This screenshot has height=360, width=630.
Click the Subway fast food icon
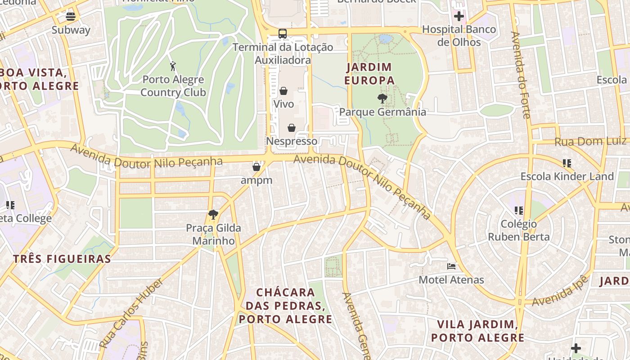(71, 17)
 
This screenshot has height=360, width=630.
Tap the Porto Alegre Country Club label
(173, 86)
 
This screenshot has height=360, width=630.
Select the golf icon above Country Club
(173, 67)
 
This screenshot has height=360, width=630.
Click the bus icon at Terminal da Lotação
(283, 34)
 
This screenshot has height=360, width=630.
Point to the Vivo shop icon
(283, 91)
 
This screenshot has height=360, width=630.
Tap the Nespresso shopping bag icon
(292, 128)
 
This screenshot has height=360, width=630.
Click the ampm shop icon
(256, 167)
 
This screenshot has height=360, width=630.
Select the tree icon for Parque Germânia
(382, 98)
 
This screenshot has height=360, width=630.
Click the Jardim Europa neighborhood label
(369, 74)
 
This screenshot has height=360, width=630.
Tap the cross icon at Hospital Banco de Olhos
(459, 17)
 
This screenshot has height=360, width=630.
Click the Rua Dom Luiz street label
(590, 142)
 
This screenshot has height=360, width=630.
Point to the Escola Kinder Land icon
(567, 163)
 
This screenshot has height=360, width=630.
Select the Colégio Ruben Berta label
(519, 230)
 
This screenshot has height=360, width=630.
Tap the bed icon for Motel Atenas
(451, 266)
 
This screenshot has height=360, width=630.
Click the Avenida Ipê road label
(560, 291)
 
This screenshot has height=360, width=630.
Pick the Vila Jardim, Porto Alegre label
(477, 331)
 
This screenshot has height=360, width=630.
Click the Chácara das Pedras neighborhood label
(285, 306)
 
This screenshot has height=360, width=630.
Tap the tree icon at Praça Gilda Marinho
(213, 215)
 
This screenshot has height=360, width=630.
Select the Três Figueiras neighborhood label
(62, 259)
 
